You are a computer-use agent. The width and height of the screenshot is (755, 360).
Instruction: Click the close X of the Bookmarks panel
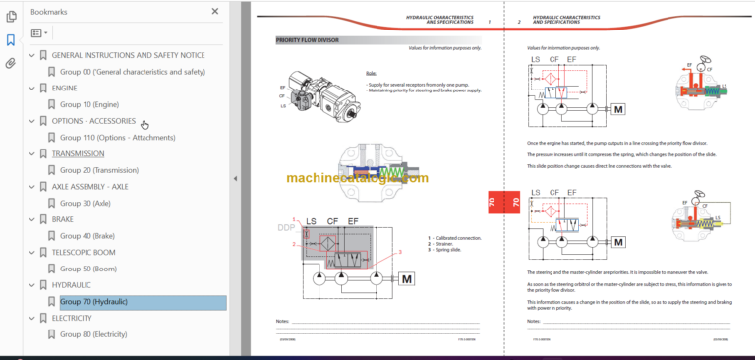[x=216, y=12]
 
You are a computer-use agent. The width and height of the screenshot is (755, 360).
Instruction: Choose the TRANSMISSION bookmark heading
[x=78, y=153]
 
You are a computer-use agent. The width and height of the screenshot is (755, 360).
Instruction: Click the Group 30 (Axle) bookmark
[x=85, y=203]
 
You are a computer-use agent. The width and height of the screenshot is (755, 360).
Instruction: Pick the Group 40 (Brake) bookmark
[x=87, y=236]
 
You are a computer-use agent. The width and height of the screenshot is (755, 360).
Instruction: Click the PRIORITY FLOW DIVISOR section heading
[x=308, y=40]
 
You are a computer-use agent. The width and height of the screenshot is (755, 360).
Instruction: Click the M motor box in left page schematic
[x=405, y=280]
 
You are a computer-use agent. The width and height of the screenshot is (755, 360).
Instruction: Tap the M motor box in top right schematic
[x=618, y=136]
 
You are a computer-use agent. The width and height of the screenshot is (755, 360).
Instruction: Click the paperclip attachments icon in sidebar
[x=10, y=64]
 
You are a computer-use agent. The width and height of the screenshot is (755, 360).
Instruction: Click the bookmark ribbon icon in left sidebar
[x=10, y=40]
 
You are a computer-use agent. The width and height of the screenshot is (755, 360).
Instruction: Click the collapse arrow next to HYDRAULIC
[x=30, y=285]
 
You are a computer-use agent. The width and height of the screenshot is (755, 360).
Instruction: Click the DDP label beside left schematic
[x=285, y=228]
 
